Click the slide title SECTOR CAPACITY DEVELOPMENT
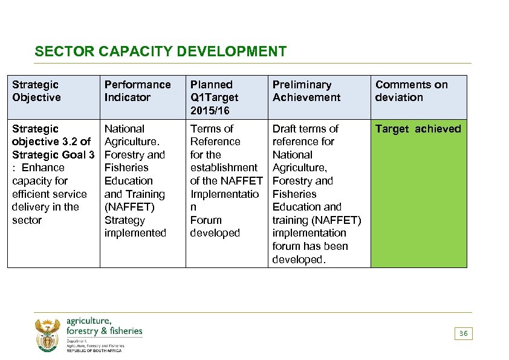pos(160,51)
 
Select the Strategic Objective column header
pos(36,91)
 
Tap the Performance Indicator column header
pos(137,91)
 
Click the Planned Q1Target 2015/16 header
pos(214,97)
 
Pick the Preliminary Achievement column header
pos(306,91)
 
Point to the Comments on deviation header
pos(411,91)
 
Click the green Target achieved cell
pos(418,194)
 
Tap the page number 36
pos(464,333)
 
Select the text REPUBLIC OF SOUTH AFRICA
pos(94,351)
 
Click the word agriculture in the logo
pos(89,321)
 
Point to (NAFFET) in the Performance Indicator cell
pos(129,207)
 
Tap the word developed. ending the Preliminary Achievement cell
pos(299,260)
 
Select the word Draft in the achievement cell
pos(285,128)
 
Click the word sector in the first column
pos(27,220)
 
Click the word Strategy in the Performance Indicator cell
pos(125,220)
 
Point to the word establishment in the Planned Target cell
pos(223,168)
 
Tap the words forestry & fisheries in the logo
pos(104,331)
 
